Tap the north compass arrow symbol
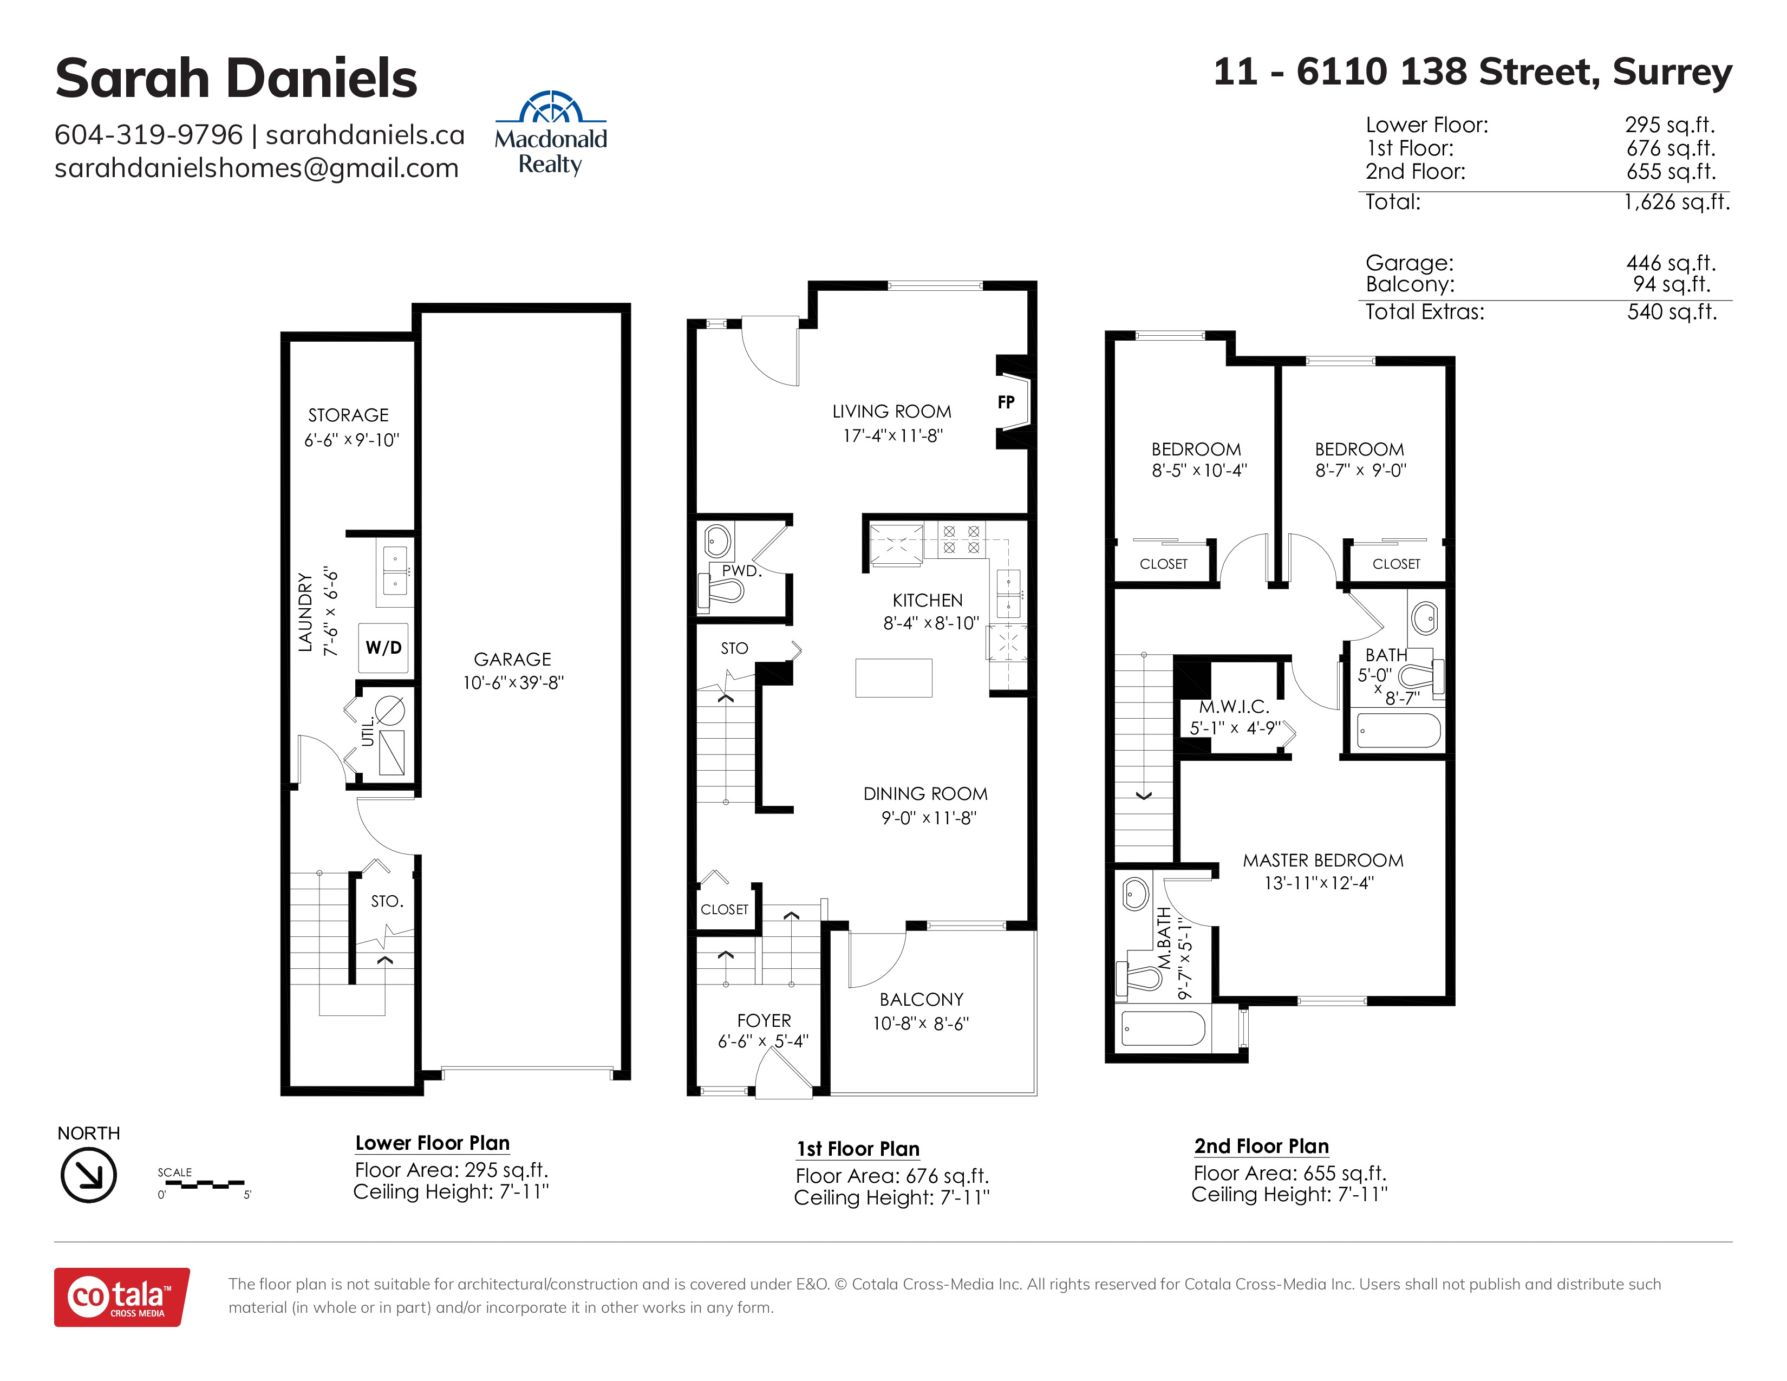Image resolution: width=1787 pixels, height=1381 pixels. click(88, 1175)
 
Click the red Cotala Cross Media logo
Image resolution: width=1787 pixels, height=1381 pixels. click(122, 1297)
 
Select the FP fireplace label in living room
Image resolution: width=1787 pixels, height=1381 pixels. click(1006, 402)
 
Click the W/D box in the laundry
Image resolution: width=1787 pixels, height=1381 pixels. click(383, 647)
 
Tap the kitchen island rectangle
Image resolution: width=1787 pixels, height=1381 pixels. click(893, 678)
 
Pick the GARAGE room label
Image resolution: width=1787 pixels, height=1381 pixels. click(512, 660)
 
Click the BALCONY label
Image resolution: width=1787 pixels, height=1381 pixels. click(921, 999)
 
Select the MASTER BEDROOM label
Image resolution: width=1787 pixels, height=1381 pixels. click(1323, 860)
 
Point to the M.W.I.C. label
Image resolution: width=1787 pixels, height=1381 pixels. click(1234, 707)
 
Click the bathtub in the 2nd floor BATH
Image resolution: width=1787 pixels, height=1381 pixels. click(1398, 731)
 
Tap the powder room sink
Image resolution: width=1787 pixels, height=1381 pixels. click(718, 540)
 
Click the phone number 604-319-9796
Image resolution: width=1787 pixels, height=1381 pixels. click(148, 134)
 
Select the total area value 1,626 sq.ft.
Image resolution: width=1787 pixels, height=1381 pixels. click(1677, 201)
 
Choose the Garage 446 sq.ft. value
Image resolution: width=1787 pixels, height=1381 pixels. click(1671, 263)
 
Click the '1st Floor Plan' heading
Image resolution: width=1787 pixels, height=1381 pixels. click(858, 1149)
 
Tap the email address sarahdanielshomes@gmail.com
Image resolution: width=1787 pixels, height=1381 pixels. click(256, 168)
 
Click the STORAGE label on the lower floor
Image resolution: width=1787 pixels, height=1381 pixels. click(349, 415)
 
